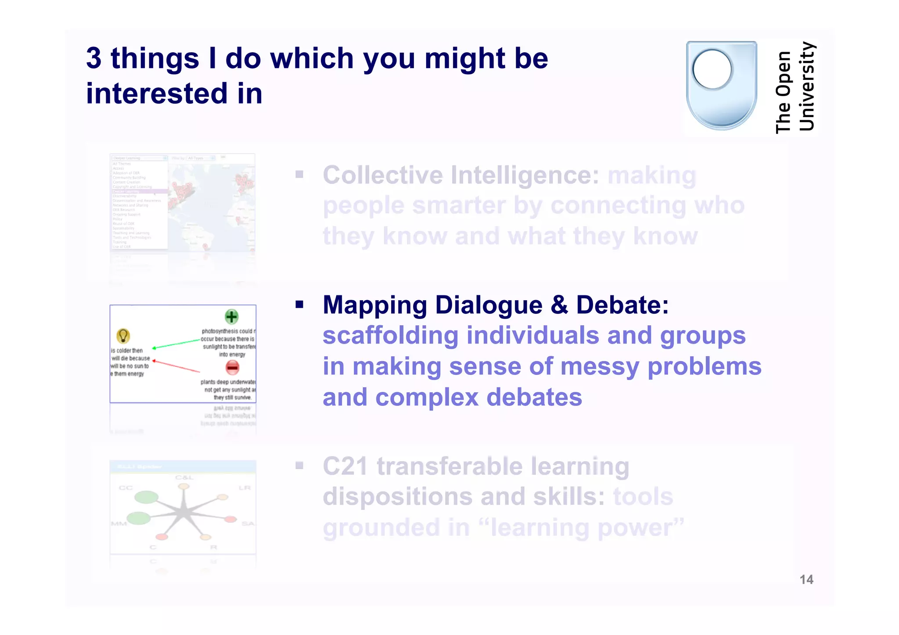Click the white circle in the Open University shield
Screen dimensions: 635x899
click(712, 69)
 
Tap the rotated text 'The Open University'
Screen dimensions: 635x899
click(795, 87)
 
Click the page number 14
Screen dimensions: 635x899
click(806, 580)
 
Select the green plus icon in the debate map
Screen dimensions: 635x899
click(231, 316)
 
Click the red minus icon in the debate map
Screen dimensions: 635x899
click(232, 367)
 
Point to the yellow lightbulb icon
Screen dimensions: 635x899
click(123, 336)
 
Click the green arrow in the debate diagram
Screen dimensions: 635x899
click(176, 344)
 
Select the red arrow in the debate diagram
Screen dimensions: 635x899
click(176, 366)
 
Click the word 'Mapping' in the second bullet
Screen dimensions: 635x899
click(374, 305)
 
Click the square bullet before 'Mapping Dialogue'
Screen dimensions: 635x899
click(299, 305)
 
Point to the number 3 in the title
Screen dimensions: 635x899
click(93, 58)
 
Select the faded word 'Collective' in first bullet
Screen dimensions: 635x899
click(383, 175)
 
